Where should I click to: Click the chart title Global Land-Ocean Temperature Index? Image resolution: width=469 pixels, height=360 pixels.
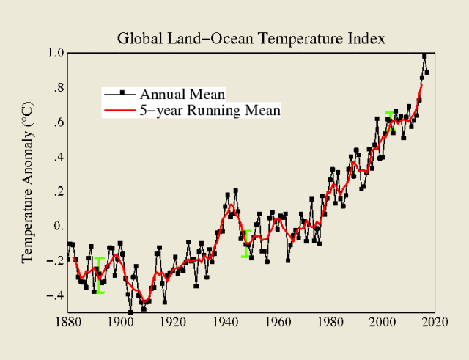pyautogui.click(x=251, y=37)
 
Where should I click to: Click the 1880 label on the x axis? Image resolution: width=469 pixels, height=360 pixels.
pyautogui.click(x=68, y=321)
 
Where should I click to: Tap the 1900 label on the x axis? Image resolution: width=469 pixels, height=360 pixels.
pyautogui.click(x=120, y=321)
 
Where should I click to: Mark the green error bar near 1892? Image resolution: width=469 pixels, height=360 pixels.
pyautogui.click(x=100, y=275)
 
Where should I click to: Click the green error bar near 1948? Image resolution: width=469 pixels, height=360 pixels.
pyautogui.click(x=246, y=244)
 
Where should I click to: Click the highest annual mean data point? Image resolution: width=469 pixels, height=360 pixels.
pyautogui.click(x=424, y=57)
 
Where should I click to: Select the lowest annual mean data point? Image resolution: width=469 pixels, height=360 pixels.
pyautogui.click(x=130, y=312)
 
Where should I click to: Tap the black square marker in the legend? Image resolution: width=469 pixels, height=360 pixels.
pyautogui.click(x=122, y=93)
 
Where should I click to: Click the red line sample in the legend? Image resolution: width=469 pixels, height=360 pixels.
pyautogui.click(x=118, y=111)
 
